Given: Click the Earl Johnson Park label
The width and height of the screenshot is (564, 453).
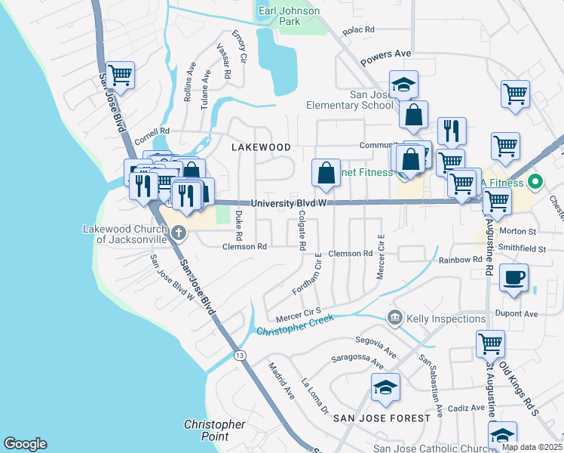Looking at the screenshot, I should [290, 16].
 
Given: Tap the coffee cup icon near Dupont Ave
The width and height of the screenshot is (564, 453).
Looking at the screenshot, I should [515, 278].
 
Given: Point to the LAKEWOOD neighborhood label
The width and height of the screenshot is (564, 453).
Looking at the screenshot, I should [261, 146].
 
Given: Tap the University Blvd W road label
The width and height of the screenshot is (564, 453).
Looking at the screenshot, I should [289, 203].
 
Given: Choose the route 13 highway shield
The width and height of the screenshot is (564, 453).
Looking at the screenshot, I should [240, 355].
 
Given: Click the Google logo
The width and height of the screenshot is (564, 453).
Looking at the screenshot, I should [25, 444].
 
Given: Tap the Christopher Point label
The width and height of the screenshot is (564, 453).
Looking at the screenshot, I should [215, 430].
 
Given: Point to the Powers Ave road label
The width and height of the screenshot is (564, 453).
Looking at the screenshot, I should [385, 54].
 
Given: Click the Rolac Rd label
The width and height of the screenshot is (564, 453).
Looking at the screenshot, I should [358, 29].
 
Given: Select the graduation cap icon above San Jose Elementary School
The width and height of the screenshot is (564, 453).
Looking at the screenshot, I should [403, 84].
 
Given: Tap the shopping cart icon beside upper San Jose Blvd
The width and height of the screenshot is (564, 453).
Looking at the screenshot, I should [121, 75].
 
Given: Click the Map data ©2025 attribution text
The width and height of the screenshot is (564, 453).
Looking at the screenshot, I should [531, 447].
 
